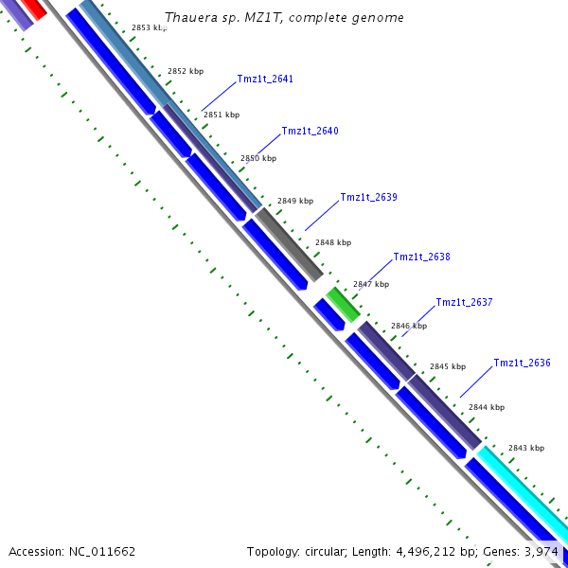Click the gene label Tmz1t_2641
[x=265, y=80]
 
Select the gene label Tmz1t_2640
[x=310, y=132]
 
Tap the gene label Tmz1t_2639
[x=368, y=198]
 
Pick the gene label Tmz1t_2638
[x=421, y=257]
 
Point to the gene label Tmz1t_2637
[x=464, y=303]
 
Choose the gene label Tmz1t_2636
[x=522, y=364]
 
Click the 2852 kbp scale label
[x=186, y=72]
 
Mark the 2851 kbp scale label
[x=222, y=115]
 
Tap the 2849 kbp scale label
[x=295, y=202]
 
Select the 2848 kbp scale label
[x=333, y=243]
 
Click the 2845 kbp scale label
[x=448, y=366]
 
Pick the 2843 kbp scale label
[x=526, y=448]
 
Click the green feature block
[x=343, y=304]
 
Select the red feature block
[x=32, y=9]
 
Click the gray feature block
[x=290, y=242]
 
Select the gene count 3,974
[x=542, y=551]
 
